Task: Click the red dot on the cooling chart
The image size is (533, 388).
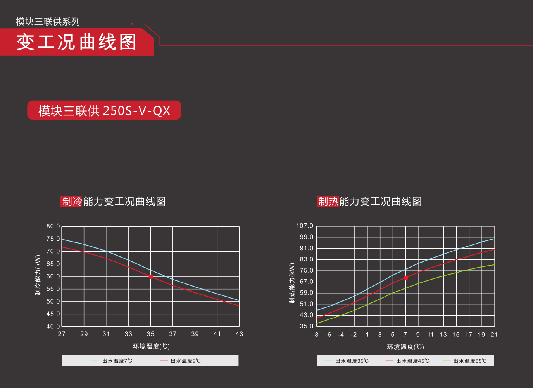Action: (151, 276)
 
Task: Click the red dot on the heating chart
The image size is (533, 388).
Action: (406, 278)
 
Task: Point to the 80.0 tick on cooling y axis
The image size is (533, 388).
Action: (53, 226)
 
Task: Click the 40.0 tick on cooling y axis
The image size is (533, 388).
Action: (53, 326)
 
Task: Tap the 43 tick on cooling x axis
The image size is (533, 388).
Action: (239, 334)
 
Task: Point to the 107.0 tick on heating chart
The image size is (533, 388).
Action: (305, 226)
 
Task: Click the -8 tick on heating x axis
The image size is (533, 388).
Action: (316, 335)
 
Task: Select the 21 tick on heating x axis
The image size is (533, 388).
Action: (494, 335)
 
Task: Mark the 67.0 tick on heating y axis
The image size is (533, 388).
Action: (307, 282)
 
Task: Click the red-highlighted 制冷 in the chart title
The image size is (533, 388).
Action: (72, 201)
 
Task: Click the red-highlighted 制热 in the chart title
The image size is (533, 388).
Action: (328, 201)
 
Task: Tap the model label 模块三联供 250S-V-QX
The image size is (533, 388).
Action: (104, 111)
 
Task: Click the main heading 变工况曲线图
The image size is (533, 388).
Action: (76, 42)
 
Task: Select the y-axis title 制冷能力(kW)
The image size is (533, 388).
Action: (38, 275)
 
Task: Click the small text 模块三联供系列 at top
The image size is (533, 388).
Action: (48, 22)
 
